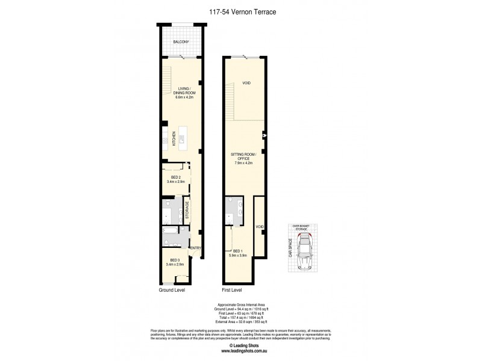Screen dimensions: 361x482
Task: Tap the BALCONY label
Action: tap(181, 42)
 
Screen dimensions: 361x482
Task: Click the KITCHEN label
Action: tap(175, 138)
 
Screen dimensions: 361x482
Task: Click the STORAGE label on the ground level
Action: tap(187, 211)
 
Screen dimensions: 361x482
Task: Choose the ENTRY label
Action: tap(195, 248)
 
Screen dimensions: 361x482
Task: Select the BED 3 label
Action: tap(175, 260)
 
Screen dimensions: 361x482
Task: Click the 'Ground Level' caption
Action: tap(172, 289)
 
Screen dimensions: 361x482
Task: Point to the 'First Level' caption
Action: tap(233, 289)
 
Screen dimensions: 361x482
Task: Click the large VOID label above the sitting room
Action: tap(246, 83)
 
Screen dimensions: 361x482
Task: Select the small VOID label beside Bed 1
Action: tap(259, 227)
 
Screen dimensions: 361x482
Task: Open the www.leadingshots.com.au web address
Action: tap(240, 353)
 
